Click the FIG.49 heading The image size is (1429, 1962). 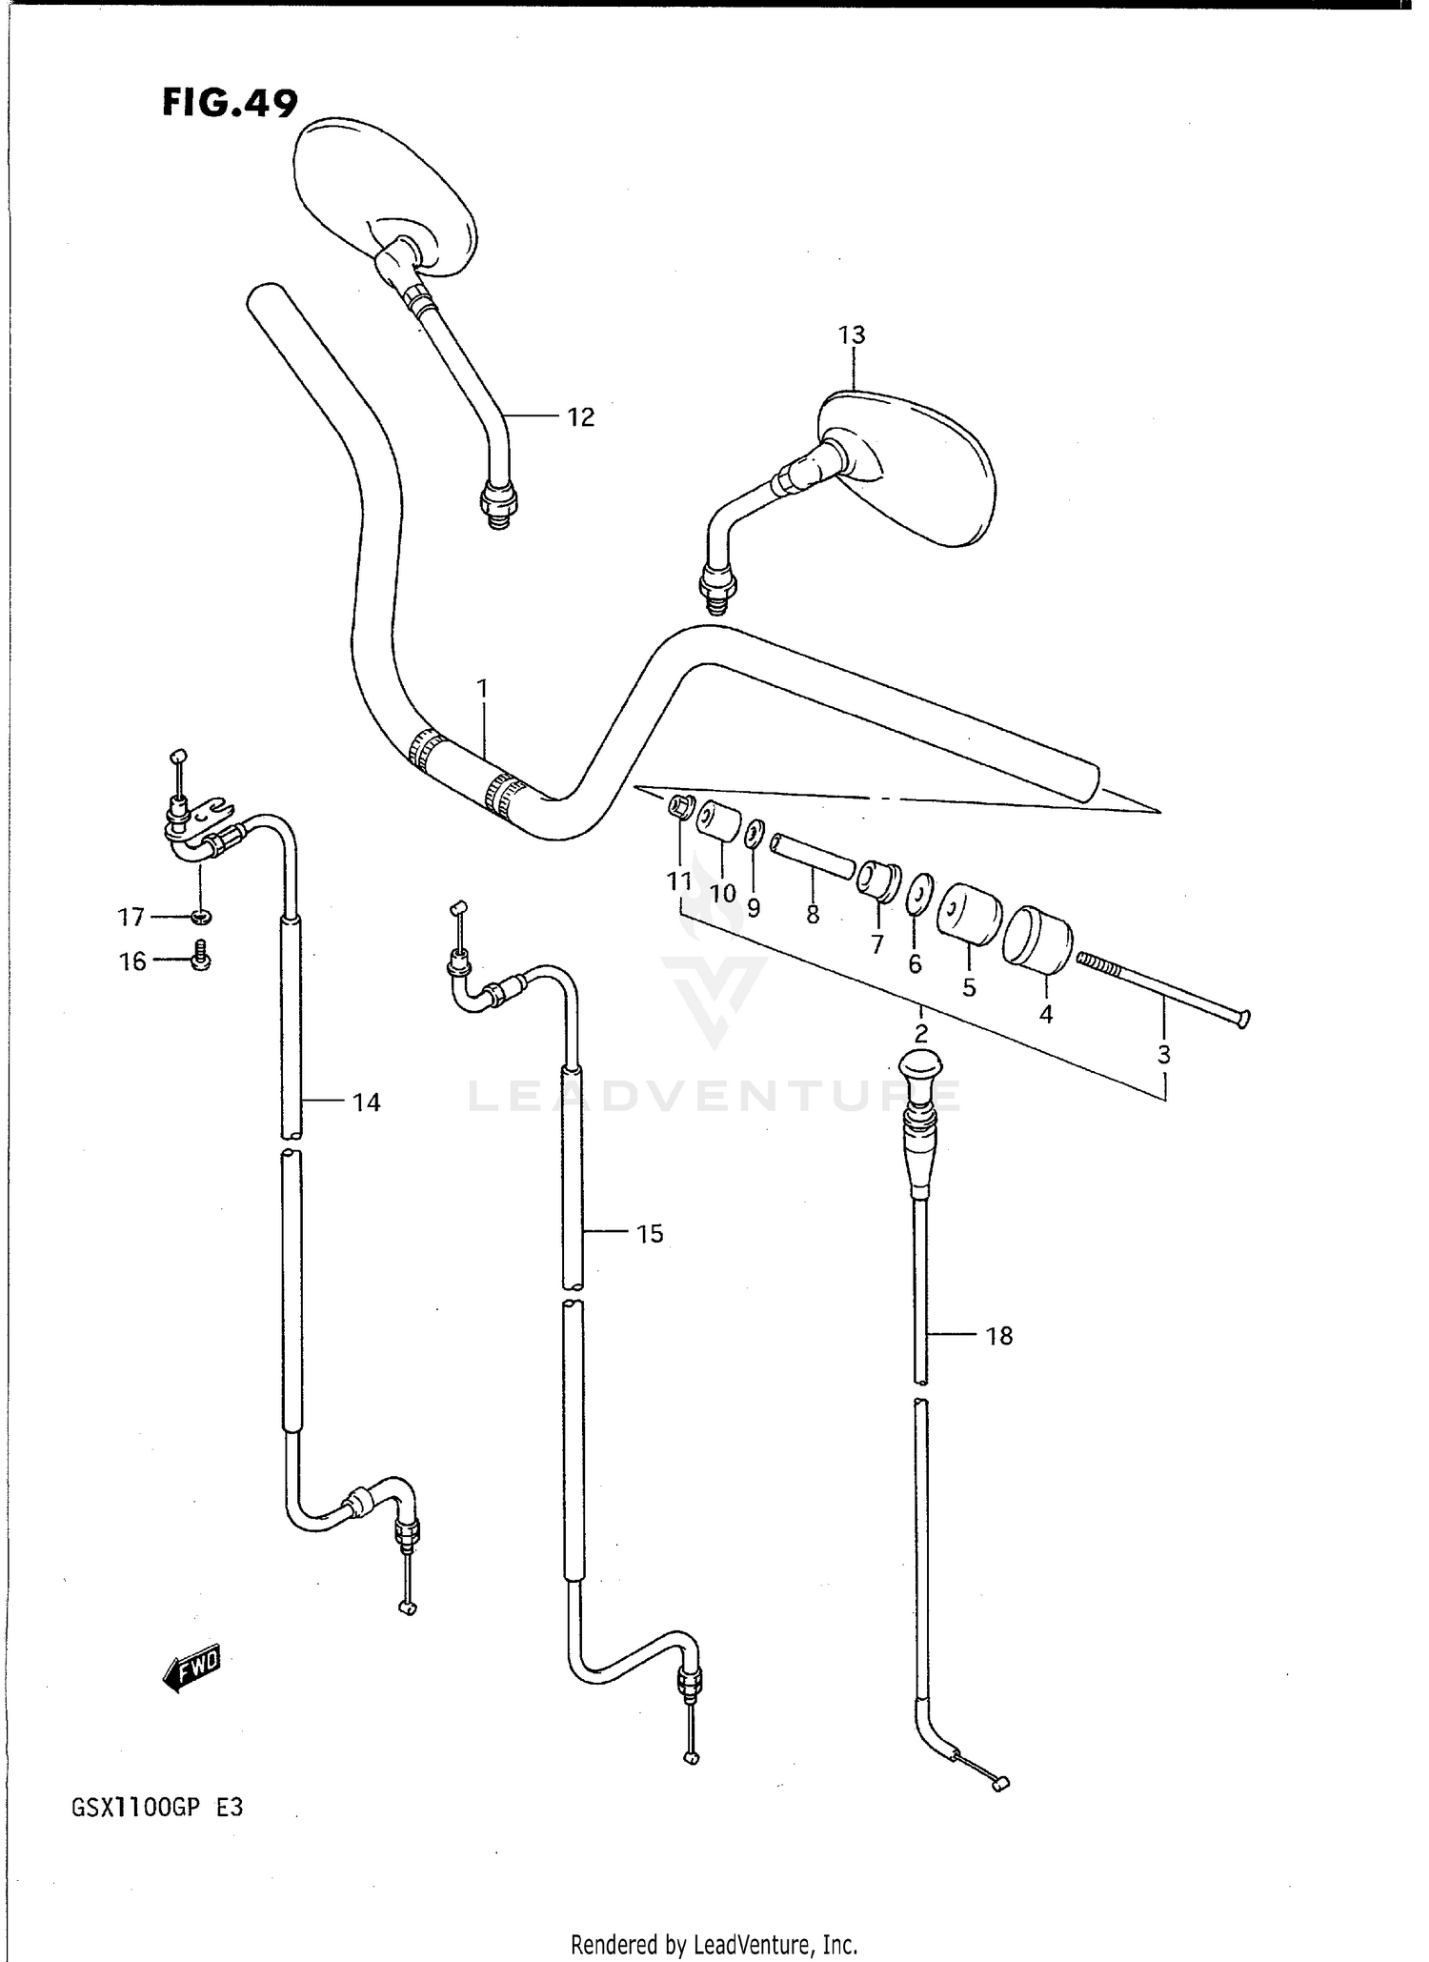click(x=230, y=103)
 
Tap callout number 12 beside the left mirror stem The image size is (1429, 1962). click(x=580, y=417)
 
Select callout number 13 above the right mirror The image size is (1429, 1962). click(x=852, y=335)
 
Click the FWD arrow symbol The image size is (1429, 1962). click(x=193, y=1669)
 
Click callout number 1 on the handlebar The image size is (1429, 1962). click(x=482, y=688)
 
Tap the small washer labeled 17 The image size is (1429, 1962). click(x=200, y=917)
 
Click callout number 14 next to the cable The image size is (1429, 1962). click(x=366, y=1102)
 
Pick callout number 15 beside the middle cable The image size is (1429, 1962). click(x=649, y=1234)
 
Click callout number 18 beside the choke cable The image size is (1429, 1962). click(x=998, y=1336)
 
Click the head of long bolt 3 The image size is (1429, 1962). click(x=1242, y=1019)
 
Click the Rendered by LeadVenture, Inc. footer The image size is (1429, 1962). click(x=714, y=1943)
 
